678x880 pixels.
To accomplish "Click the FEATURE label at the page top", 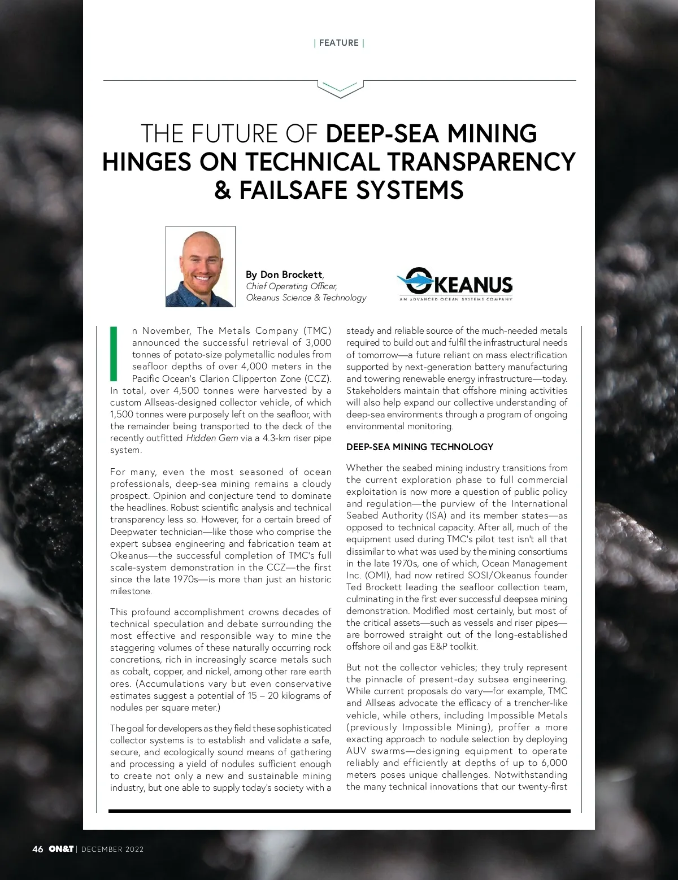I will coord(338,43).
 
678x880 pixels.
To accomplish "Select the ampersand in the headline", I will coord(223,190).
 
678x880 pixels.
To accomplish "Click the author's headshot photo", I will coord(201,267).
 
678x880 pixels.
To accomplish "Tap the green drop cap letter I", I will coord(114,353).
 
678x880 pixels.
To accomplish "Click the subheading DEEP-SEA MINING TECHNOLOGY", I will coord(419,447).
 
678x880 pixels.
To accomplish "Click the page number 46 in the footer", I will coord(38,849).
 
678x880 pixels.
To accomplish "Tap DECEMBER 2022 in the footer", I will coord(112,849).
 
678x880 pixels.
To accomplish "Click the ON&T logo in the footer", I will coord(60,849).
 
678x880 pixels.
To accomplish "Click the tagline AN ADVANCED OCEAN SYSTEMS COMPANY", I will coord(455,299).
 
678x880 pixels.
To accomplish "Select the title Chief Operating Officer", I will coord(291,286).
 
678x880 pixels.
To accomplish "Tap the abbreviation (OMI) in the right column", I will coord(375,575).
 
